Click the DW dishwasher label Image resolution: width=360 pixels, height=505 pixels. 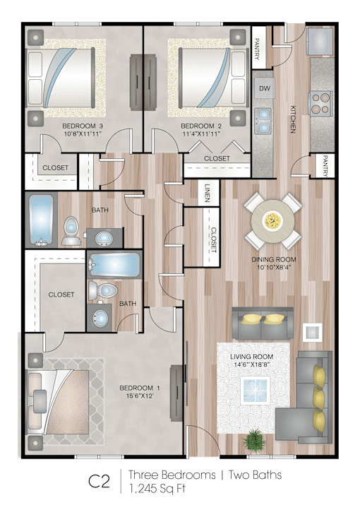pos(265,88)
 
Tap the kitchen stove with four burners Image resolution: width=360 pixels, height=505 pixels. pos(320,103)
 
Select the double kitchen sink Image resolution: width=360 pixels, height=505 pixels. pos(263,121)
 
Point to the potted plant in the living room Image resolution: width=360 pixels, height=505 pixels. pos(254,437)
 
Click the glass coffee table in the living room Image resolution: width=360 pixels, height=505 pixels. pos(256,389)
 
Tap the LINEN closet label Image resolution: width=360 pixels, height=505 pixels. pos(207,194)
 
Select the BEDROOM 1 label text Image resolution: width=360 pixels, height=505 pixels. pos(140,388)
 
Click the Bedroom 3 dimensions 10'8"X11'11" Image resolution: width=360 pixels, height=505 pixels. pos(82,133)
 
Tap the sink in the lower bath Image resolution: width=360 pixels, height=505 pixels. pos(100,318)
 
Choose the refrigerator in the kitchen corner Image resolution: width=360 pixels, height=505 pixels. pos(319,41)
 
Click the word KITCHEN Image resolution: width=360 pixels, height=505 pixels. pos(293,119)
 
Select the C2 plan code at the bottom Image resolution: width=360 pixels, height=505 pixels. pos(100,482)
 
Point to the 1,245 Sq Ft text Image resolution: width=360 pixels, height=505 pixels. pos(157,488)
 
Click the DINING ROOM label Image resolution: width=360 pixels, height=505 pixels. pos(274,259)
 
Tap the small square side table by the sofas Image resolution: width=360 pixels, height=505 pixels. pos(312,332)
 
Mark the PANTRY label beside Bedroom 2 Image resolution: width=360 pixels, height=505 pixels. pos(257,49)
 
